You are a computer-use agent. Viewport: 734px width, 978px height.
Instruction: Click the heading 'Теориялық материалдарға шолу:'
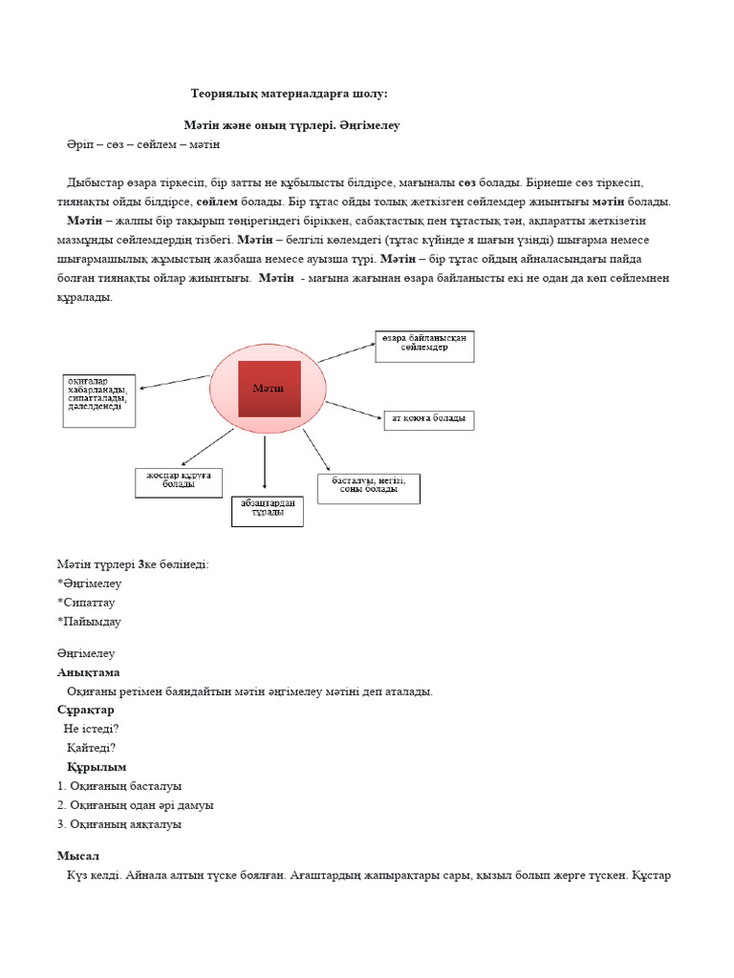(x=290, y=94)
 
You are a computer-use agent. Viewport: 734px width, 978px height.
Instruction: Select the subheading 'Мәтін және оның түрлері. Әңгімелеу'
(x=291, y=125)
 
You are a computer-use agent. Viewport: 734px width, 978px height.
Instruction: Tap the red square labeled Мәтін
(x=269, y=389)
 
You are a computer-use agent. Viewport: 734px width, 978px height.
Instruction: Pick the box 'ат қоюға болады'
(x=428, y=419)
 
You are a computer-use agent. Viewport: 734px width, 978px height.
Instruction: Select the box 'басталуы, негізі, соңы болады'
(x=368, y=488)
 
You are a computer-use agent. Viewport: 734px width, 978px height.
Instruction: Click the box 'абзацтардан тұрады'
(x=267, y=510)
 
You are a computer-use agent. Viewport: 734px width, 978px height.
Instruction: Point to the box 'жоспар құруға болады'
(x=179, y=481)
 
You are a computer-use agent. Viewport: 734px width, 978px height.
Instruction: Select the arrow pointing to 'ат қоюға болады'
(x=353, y=409)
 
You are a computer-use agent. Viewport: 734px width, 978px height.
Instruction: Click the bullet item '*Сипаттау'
(x=89, y=603)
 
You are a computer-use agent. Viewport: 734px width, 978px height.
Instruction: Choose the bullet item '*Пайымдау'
(x=89, y=622)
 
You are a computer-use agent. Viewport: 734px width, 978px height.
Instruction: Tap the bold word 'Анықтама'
(x=89, y=672)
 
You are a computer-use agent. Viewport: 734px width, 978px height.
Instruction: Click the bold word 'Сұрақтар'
(x=86, y=710)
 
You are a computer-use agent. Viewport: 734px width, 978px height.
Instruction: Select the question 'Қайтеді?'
(x=92, y=748)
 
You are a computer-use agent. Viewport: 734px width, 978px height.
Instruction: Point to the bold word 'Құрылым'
(x=97, y=767)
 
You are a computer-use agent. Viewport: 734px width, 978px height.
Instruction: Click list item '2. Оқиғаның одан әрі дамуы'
(x=136, y=805)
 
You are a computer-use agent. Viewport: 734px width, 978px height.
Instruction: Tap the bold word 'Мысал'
(x=78, y=856)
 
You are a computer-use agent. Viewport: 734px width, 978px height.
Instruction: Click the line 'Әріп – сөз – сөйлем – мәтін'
(x=143, y=144)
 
